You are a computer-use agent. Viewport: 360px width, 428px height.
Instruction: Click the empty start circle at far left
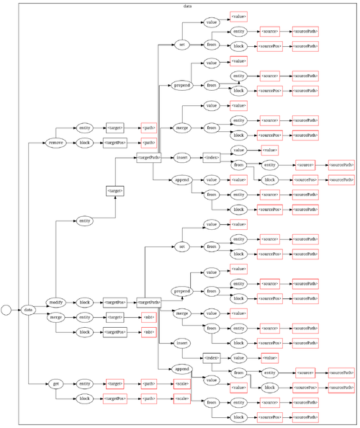(6, 309)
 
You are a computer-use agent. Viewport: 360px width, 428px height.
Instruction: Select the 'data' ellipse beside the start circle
(28, 309)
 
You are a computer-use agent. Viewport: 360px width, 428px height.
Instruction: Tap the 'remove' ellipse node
(56, 143)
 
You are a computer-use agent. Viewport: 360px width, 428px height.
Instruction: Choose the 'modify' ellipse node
(56, 301)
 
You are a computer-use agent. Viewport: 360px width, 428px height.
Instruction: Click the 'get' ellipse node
(56, 384)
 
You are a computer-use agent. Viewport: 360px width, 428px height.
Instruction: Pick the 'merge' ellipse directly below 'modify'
(56, 317)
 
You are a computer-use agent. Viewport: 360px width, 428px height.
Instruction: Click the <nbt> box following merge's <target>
(148, 317)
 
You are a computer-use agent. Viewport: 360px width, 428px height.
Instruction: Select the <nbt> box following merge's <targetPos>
(148, 332)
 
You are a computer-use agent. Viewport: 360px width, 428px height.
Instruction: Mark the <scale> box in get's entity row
(181, 384)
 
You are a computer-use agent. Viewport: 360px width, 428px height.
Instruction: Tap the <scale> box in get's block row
(181, 398)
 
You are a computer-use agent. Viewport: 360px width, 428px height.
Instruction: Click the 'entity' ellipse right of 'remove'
(84, 128)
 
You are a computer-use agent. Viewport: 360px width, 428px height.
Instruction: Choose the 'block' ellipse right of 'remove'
(84, 143)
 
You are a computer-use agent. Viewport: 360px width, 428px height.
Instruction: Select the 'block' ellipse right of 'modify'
(84, 302)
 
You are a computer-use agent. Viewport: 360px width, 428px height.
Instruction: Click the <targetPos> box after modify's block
(115, 302)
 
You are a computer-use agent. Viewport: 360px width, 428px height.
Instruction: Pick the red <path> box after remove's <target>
(148, 128)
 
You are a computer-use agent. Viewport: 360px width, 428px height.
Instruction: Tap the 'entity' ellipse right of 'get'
(84, 384)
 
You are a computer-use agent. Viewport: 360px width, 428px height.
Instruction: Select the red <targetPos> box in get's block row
(115, 398)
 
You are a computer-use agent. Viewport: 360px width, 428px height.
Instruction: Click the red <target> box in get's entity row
(115, 384)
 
